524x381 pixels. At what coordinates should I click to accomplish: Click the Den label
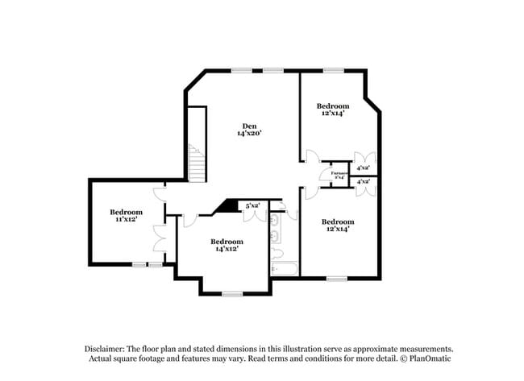[250, 125]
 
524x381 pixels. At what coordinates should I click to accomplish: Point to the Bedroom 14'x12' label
[227, 242]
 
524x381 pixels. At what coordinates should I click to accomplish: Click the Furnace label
[339, 172]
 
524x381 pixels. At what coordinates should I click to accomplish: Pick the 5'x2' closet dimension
[252, 205]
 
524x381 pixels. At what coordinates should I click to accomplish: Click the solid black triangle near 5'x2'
[229, 206]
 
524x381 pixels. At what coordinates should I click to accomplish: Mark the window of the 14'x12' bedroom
[232, 293]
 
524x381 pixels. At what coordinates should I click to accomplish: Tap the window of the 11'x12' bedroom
[147, 264]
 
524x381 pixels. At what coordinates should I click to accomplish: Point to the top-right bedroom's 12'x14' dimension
[332, 114]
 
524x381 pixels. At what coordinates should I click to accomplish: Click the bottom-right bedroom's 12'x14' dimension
[337, 230]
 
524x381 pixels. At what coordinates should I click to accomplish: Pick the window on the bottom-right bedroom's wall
[336, 279]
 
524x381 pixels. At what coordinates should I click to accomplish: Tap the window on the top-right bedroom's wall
[333, 71]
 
